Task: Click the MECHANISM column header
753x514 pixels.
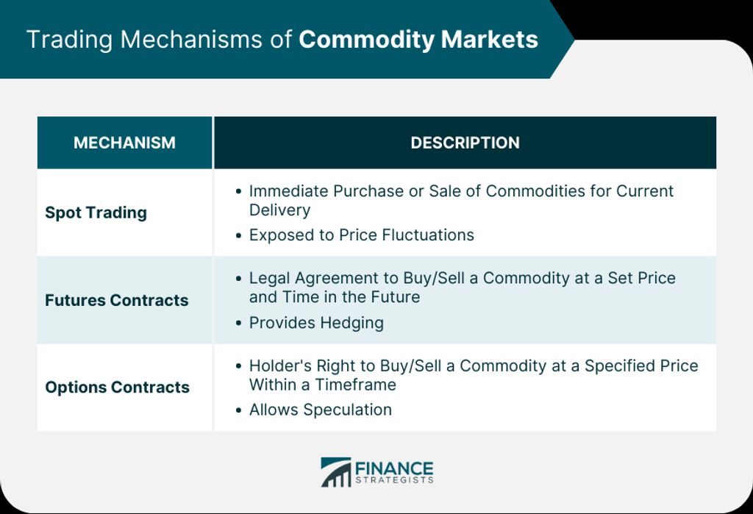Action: point(124,143)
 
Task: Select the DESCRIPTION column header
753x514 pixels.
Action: point(465,143)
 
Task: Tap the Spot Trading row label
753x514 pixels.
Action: point(96,213)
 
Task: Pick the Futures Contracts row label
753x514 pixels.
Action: point(117,300)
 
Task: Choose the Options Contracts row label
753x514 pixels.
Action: point(117,388)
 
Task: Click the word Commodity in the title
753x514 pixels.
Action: point(366,40)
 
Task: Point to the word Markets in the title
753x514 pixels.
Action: point(489,40)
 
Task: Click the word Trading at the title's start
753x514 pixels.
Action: point(69,40)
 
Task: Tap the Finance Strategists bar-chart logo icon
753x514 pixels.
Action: point(335,472)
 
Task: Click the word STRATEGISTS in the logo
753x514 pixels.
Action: point(394,480)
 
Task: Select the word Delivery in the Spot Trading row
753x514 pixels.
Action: point(279,210)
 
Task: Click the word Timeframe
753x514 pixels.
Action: point(355,385)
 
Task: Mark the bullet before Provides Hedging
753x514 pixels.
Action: point(239,323)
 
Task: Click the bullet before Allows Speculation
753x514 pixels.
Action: point(239,410)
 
